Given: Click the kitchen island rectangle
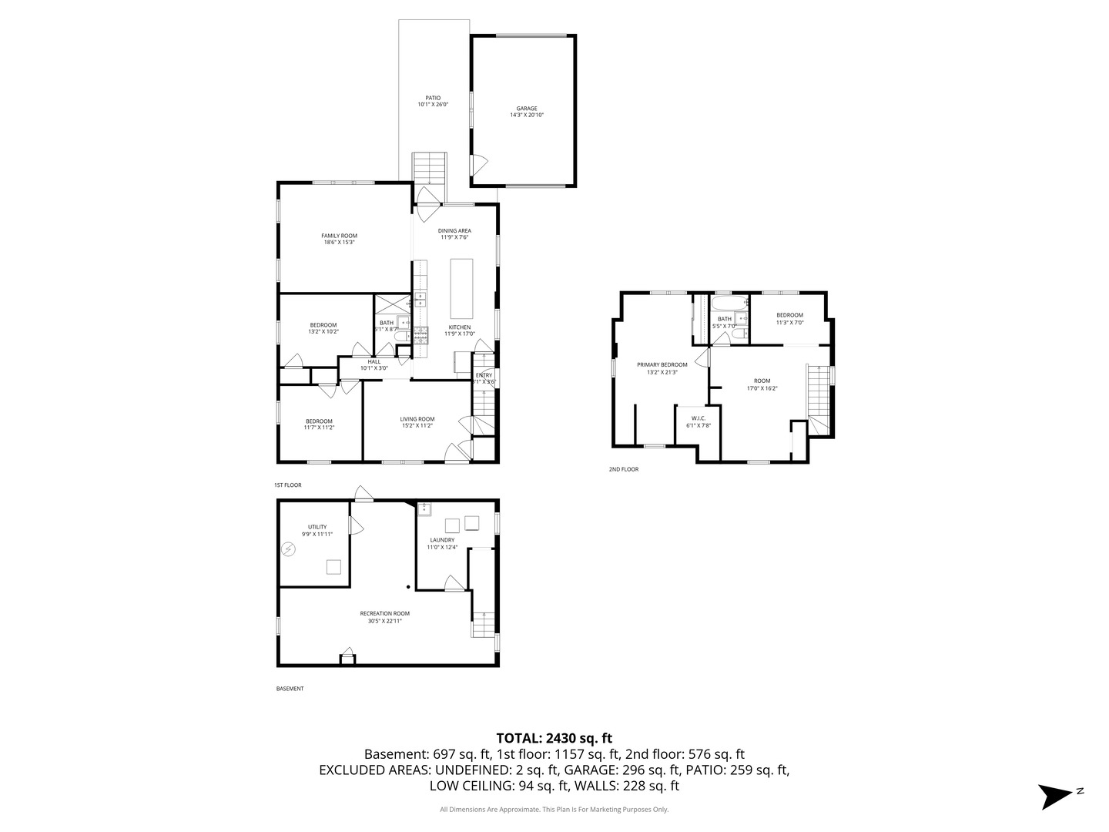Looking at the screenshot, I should [x=461, y=288].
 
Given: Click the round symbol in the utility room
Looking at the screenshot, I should [x=288, y=549].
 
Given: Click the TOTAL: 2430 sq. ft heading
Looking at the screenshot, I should [x=554, y=738].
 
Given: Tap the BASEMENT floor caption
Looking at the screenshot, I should [x=290, y=689].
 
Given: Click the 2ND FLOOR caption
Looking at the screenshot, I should [x=623, y=469].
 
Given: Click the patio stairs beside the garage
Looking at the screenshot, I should [x=429, y=169].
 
